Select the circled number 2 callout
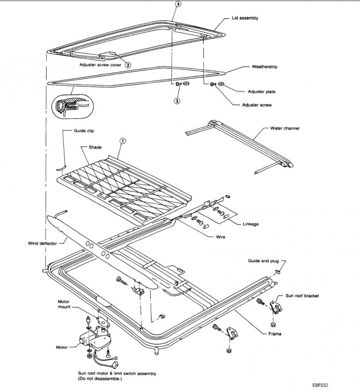pyautogui.click(x=128, y=65)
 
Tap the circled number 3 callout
pyautogui.click(x=177, y=101)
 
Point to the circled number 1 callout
pyautogui.click(x=121, y=140)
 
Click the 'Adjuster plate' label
pyautogui.click(x=262, y=91)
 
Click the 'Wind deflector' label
pyautogui.click(x=42, y=243)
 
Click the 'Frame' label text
pyautogui.click(x=275, y=334)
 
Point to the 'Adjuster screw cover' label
pyautogui.click(x=100, y=65)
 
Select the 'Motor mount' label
pyautogui.click(x=64, y=304)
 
